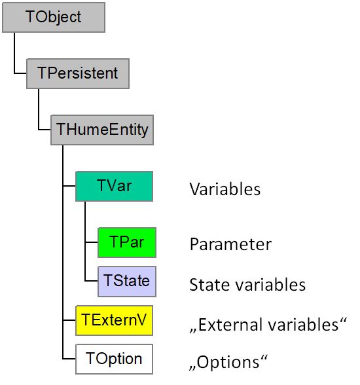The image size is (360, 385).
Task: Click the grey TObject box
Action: point(54,17)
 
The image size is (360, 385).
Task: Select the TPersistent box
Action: point(78,73)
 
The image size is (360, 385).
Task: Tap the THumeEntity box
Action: point(102,130)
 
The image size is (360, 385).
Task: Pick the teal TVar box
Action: point(114,186)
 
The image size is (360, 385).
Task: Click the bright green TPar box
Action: point(127,242)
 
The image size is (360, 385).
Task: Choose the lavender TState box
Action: point(127,281)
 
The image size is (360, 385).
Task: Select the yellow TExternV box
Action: point(114,320)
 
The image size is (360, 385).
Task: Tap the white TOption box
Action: point(114,359)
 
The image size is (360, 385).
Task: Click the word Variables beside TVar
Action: point(225,189)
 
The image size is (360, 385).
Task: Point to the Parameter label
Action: point(230,244)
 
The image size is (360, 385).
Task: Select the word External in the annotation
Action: point(231,325)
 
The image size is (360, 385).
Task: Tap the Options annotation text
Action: point(228,362)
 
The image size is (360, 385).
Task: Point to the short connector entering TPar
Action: point(92,242)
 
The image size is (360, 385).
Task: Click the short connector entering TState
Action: point(92,281)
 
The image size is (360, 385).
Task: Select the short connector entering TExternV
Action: point(69,320)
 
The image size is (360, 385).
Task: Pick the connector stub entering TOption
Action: point(69,359)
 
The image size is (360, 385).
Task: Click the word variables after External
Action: point(303,325)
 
